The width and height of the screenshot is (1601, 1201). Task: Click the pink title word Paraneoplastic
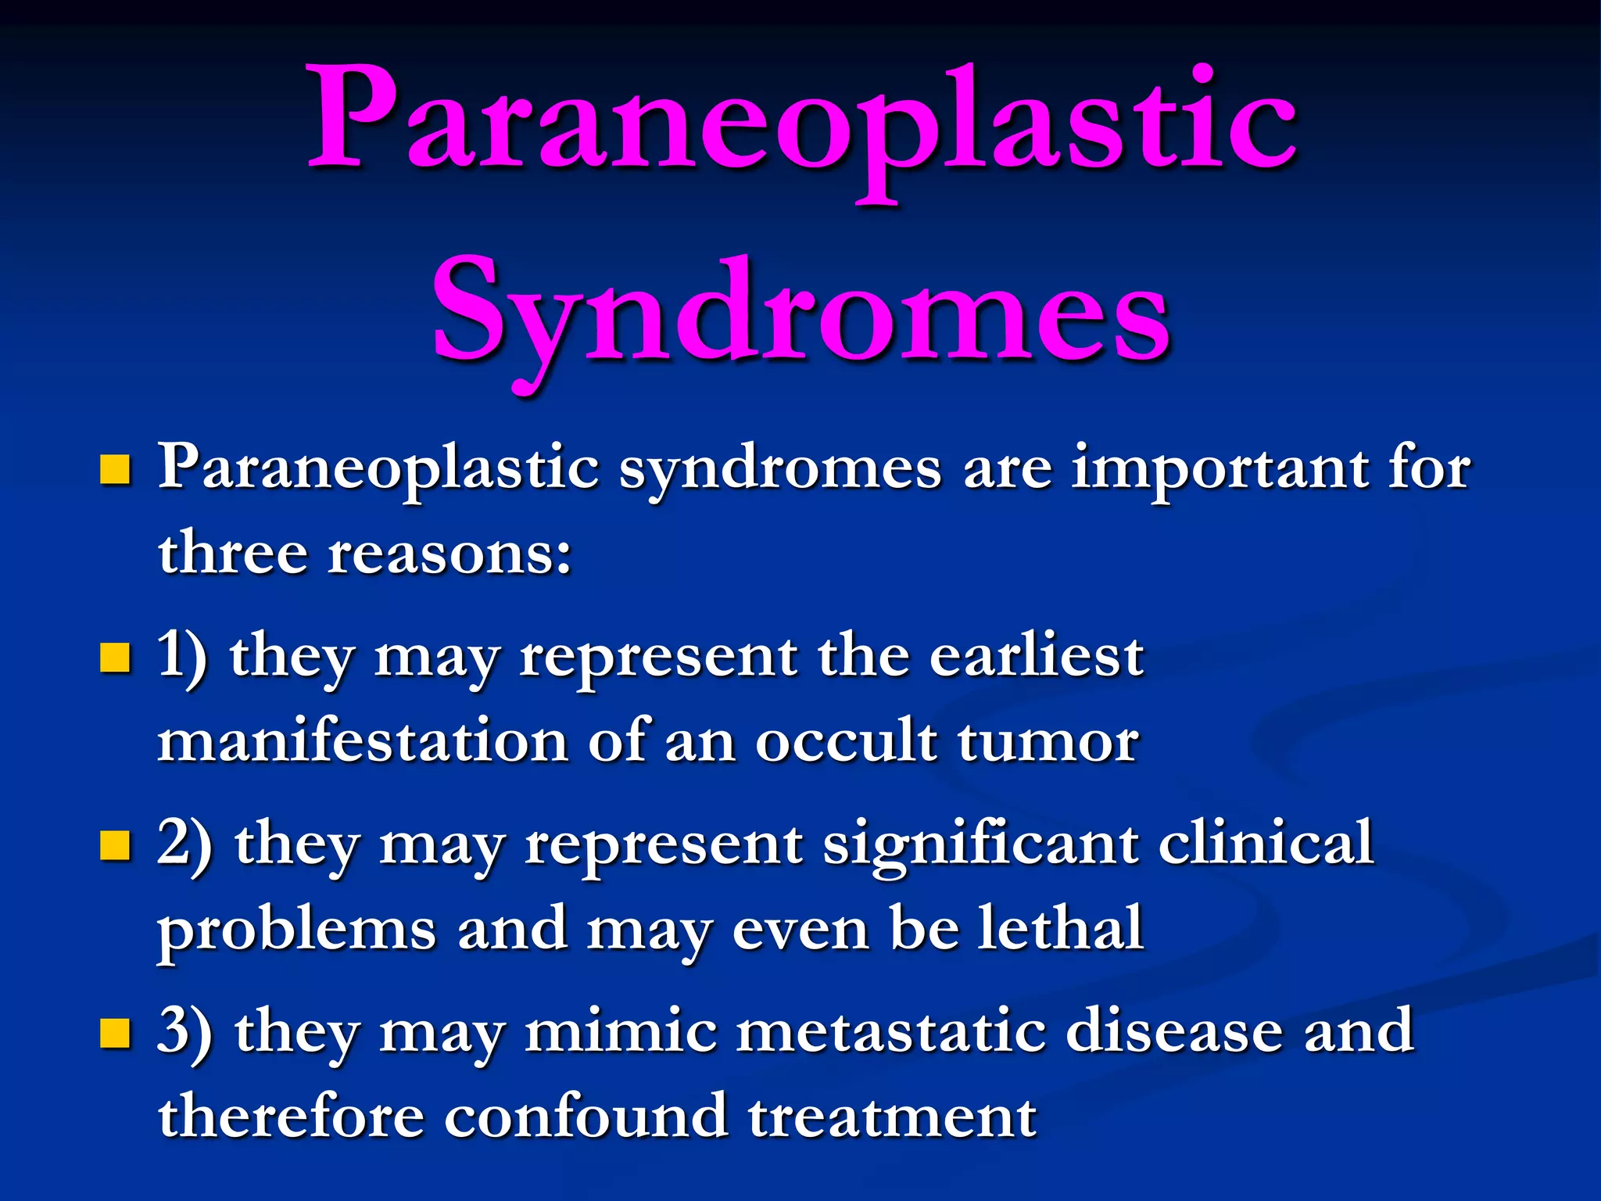[800, 121]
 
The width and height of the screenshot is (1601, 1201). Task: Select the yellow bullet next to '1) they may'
[115, 658]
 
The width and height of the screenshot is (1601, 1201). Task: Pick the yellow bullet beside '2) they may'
[115, 845]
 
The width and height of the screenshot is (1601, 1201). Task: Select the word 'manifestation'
[362, 740]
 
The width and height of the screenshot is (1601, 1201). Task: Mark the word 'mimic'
[621, 1031]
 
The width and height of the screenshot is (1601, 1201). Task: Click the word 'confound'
[586, 1117]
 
